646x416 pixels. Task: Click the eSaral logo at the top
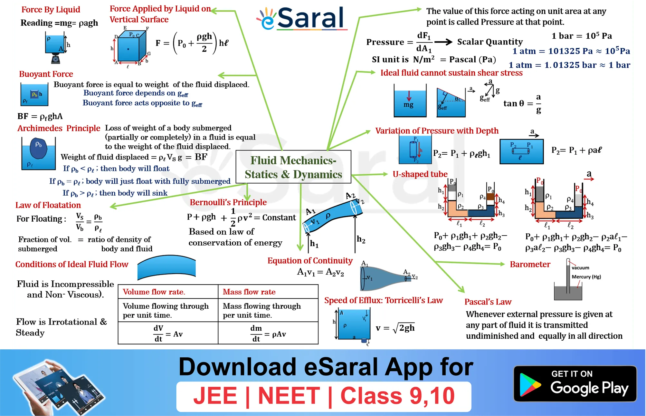click(x=302, y=18)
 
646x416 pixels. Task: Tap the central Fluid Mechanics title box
click(x=293, y=167)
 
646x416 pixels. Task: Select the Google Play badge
click(x=575, y=384)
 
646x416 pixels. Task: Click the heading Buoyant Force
click(x=46, y=74)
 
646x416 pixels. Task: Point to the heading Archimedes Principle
click(x=59, y=128)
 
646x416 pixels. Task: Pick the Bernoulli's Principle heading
click(x=228, y=202)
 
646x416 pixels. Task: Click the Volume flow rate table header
click(x=154, y=292)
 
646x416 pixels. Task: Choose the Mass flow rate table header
click(x=249, y=292)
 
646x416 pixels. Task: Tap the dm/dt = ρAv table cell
click(x=268, y=334)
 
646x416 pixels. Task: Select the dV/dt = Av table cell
click(x=168, y=334)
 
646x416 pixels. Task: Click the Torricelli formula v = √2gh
click(x=395, y=328)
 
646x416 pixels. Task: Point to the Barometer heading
click(x=530, y=265)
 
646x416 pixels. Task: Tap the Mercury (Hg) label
click(x=586, y=277)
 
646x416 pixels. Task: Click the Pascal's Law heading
click(x=488, y=302)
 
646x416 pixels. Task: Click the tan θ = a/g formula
click(x=522, y=103)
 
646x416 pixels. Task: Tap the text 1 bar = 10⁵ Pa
click(x=582, y=36)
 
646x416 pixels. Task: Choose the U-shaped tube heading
click(x=420, y=174)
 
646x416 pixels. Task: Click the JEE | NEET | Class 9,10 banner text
click(x=324, y=396)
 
